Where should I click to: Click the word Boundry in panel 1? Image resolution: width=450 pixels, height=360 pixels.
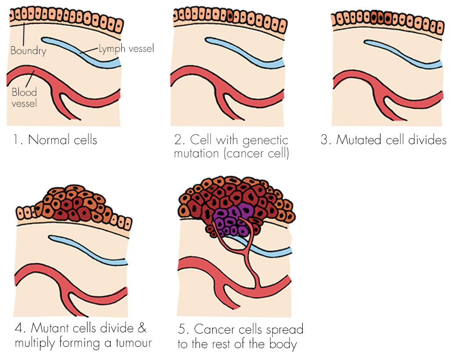point(28,51)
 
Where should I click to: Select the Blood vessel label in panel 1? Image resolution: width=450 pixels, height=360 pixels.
point(24,98)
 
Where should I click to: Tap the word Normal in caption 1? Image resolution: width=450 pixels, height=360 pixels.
point(49,140)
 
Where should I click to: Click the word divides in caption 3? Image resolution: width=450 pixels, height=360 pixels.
point(428,140)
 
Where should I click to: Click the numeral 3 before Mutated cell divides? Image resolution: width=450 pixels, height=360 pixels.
point(325,140)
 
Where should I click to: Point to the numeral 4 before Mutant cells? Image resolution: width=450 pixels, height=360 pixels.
point(19,329)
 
